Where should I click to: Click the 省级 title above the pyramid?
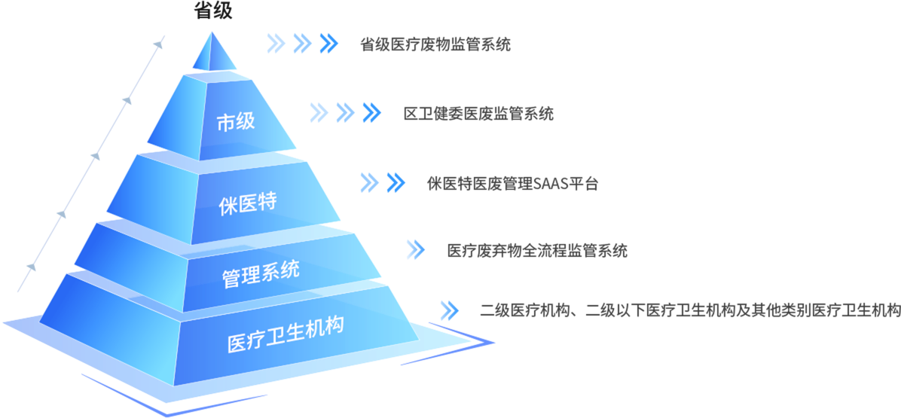(x=213, y=11)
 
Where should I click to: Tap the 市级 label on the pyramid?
(x=236, y=122)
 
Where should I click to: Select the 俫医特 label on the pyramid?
(x=249, y=203)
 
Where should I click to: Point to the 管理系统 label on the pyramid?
(x=261, y=273)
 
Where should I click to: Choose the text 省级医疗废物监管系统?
(x=435, y=44)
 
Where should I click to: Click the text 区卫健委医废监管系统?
(x=478, y=114)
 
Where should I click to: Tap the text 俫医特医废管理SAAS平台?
(x=513, y=184)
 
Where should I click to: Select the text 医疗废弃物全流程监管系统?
(x=537, y=251)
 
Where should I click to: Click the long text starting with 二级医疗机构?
(x=689, y=310)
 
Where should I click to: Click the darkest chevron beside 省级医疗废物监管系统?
(x=328, y=44)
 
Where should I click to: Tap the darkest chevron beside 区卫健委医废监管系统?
(x=372, y=112)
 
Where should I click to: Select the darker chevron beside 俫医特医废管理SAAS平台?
(x=396, y=182)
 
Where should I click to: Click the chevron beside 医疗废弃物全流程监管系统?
(x=415, y=250)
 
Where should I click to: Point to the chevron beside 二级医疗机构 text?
(x=449, y=310)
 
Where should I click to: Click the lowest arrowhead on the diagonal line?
(x=31, y=267)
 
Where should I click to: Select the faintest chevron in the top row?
(x=276, y=44)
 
